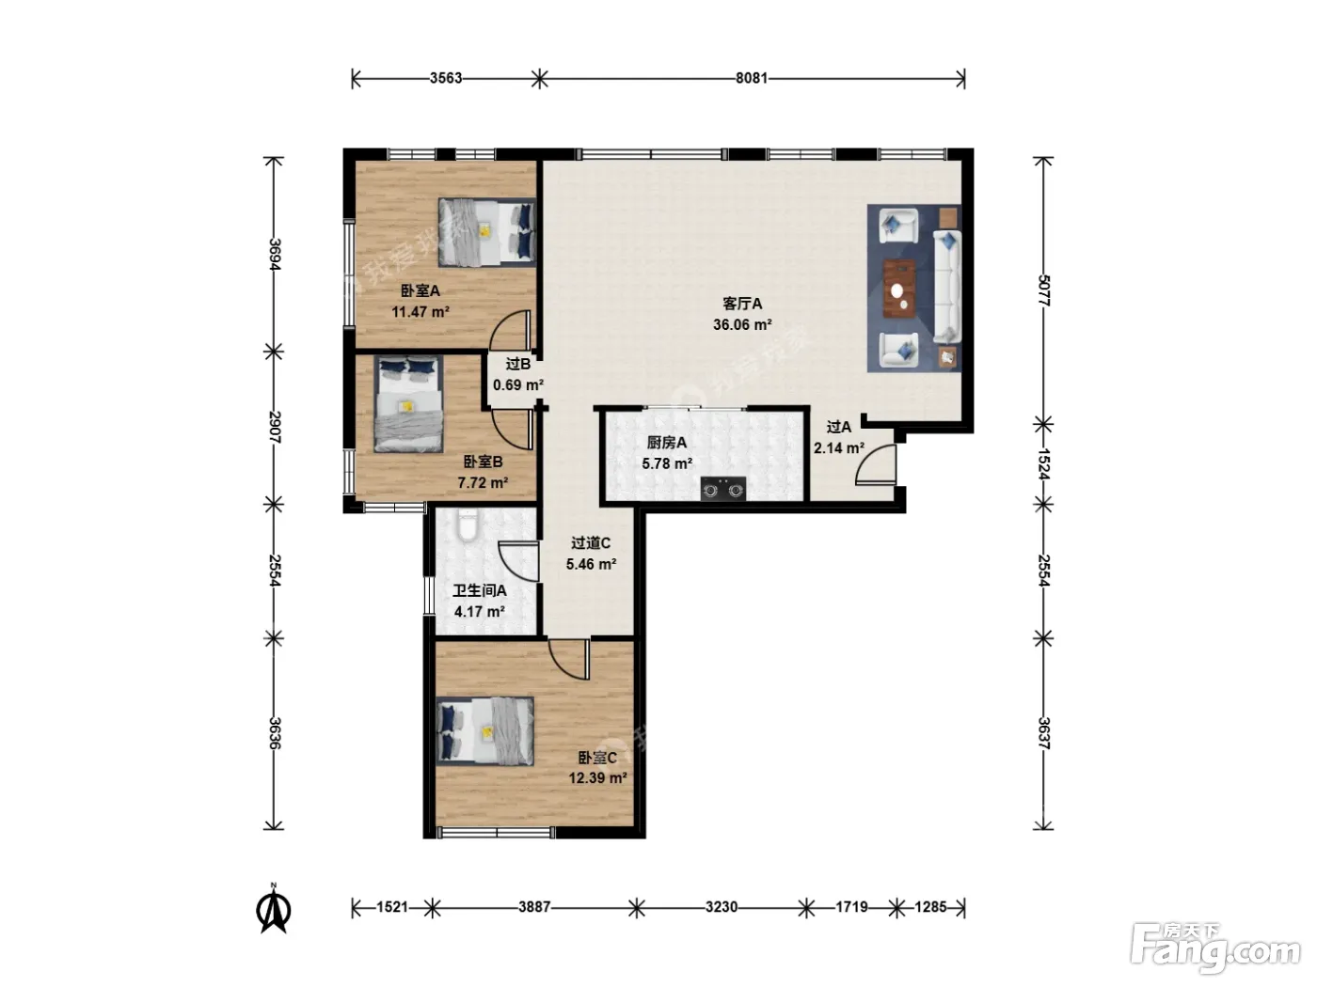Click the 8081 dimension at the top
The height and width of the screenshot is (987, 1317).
(752, 79)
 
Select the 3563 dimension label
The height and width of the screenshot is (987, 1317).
(446, 79)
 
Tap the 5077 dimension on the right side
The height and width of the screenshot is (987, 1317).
(1043, 290)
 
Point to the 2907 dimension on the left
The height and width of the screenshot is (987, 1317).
(274, 427)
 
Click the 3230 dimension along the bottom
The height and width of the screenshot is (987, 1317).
(721, 907)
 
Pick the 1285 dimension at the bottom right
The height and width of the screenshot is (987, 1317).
(930, 907)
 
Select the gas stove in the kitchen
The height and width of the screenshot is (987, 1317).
(723, 489)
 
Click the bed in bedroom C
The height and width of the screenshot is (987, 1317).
(484, 731)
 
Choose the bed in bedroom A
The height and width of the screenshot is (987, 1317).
(486, 232)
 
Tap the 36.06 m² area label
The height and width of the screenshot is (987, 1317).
(742, 325)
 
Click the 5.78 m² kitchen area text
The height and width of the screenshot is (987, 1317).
(667, 463)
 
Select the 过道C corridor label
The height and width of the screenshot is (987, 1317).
(591, 543)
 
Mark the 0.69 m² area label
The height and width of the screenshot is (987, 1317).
(518, 384)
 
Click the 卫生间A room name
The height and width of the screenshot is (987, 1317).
(480, 591)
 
